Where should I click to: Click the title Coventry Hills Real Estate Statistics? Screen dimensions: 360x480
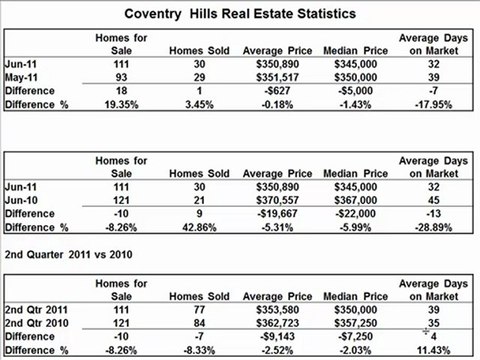(x=240, y=16)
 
